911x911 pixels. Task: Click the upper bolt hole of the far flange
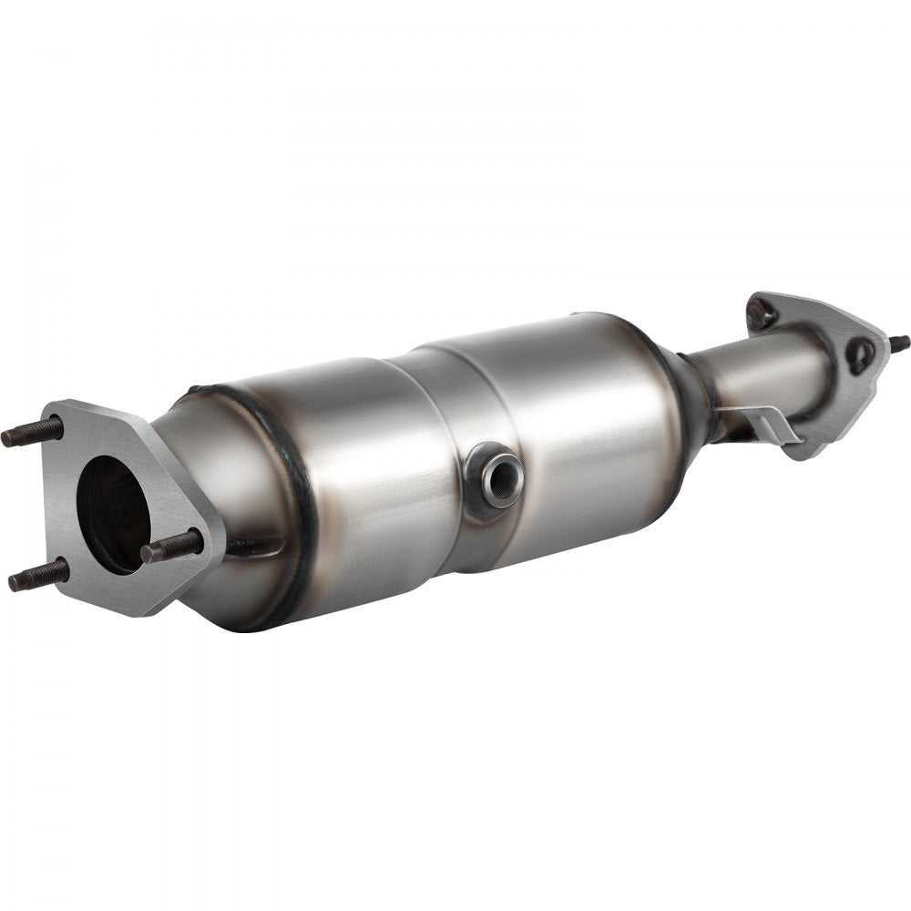click(762, 314)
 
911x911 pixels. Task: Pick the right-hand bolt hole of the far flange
click(859, 353)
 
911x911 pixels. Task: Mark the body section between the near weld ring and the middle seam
click(364, 474)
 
